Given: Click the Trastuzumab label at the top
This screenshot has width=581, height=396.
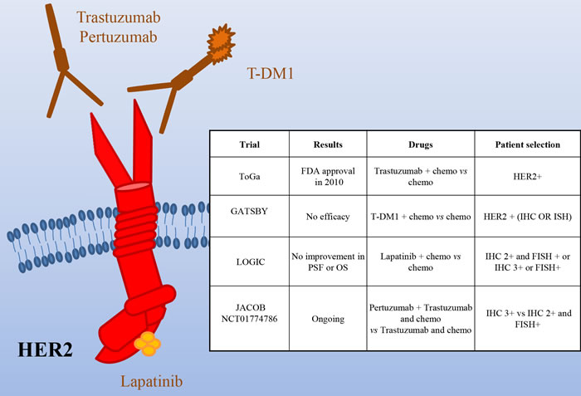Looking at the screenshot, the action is click(x=119, y=17).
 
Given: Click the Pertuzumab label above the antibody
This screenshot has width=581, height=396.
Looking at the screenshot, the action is click(x=119, y=37).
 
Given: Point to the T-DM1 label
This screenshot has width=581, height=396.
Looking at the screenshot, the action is click(x=270, y=73).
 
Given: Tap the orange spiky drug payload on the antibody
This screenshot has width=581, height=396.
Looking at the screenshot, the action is click(x=222, y=42).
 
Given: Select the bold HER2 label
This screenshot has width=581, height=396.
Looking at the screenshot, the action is click(x=45, y=350).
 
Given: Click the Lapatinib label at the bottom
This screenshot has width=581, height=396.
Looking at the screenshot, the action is click(x=152, y=382).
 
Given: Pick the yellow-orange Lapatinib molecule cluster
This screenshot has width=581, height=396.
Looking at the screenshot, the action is click(x=148, y=344).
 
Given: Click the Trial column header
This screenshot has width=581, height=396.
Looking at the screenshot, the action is click(x=249, y=144).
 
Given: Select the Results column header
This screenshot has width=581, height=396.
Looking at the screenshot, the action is click(x=328, y=144).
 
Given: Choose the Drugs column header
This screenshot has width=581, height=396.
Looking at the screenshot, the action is click(x=421, y=144).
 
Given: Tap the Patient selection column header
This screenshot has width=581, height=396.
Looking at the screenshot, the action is click(x=528, y=144).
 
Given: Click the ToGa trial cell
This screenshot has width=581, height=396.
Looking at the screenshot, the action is click(x=249, y=177).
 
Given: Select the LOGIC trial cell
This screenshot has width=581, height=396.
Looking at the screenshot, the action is click(x=251, y=262).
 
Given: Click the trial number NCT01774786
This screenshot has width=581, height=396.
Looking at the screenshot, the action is click(x=249, y=319).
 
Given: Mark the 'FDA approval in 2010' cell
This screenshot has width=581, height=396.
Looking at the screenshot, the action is click(x=328, y=177).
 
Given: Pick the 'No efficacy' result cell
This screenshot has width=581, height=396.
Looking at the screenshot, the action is click(x=328, y=217).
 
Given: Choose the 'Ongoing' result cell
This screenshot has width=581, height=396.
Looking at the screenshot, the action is click(x=328, y=319).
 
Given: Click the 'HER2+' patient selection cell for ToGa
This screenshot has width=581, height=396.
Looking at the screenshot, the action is click(x=528, y=177).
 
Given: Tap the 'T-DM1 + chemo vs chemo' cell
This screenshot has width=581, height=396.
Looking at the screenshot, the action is click(x=421, y=217).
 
